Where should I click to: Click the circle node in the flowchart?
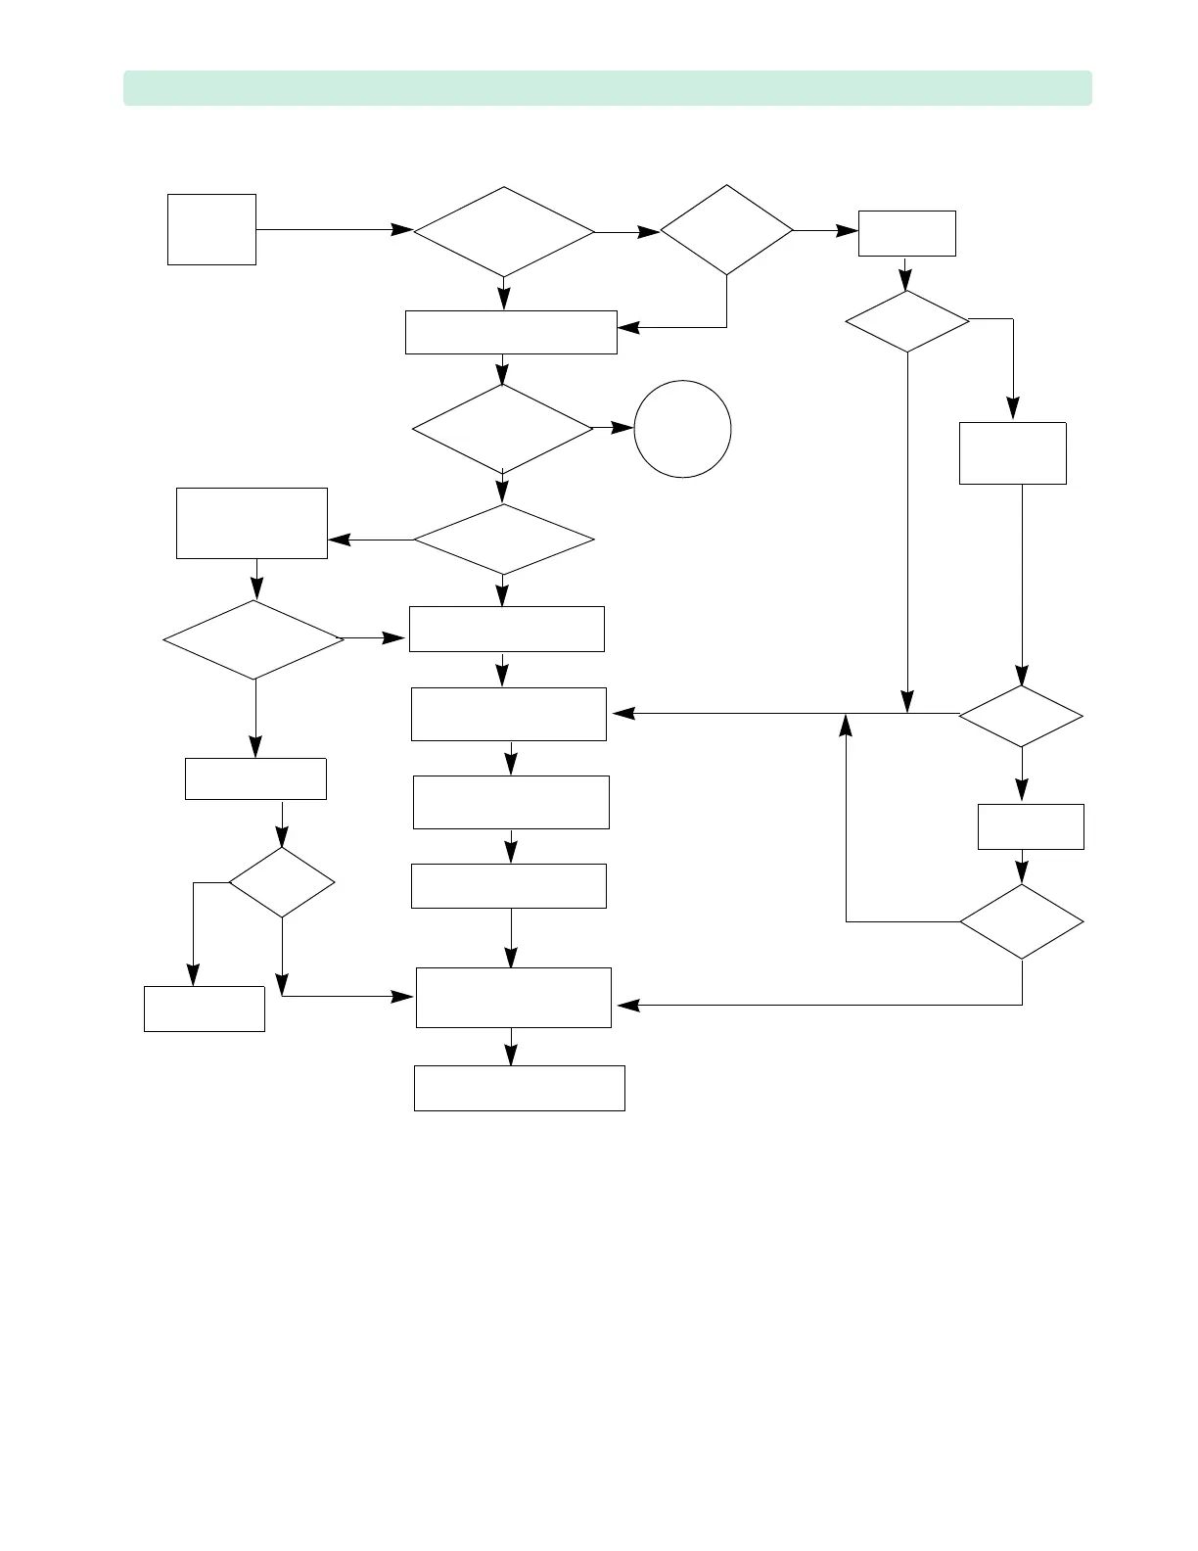click(682, 429)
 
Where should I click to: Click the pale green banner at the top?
click(607, 88)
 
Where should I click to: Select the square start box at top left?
click(211, 229)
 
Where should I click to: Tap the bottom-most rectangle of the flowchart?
click(519, 1088)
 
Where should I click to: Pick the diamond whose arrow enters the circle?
click(503, 429)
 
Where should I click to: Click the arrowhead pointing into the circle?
click(623, 428)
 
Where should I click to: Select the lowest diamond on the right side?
click(1022, 921)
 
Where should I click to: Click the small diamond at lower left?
click(282, 882)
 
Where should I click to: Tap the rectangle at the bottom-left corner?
click(204, 1009)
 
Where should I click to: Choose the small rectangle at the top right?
click(906, 233)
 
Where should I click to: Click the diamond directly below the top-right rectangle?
click(907, 321)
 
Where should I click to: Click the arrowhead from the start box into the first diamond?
click(402, 230)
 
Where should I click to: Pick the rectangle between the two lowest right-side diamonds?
click(1031, 826)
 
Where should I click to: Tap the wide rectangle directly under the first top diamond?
click(511, 332)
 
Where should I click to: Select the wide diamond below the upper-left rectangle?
click(253, 639)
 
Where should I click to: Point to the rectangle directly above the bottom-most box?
click(514, 998)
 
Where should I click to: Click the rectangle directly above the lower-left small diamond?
click(255, 778)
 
